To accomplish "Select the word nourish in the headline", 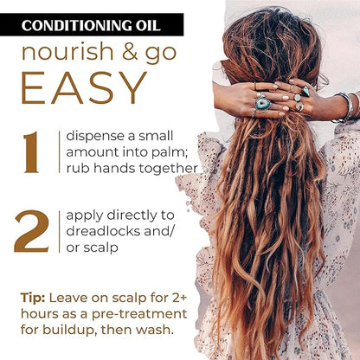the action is point(67,52).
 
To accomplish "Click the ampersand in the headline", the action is point(130,52).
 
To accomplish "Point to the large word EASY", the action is point(84,87).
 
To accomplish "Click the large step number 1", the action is point(31,152).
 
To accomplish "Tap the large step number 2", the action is point(31,232).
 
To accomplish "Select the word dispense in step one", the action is point(95,137).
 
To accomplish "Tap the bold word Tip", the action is point(33,299).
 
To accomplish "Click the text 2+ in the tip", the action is point(180,298).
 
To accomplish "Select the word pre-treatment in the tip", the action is point(139,314).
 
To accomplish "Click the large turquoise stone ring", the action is point(263,104).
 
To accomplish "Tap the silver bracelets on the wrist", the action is point(347,107).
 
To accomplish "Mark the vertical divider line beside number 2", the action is point(60,232).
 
